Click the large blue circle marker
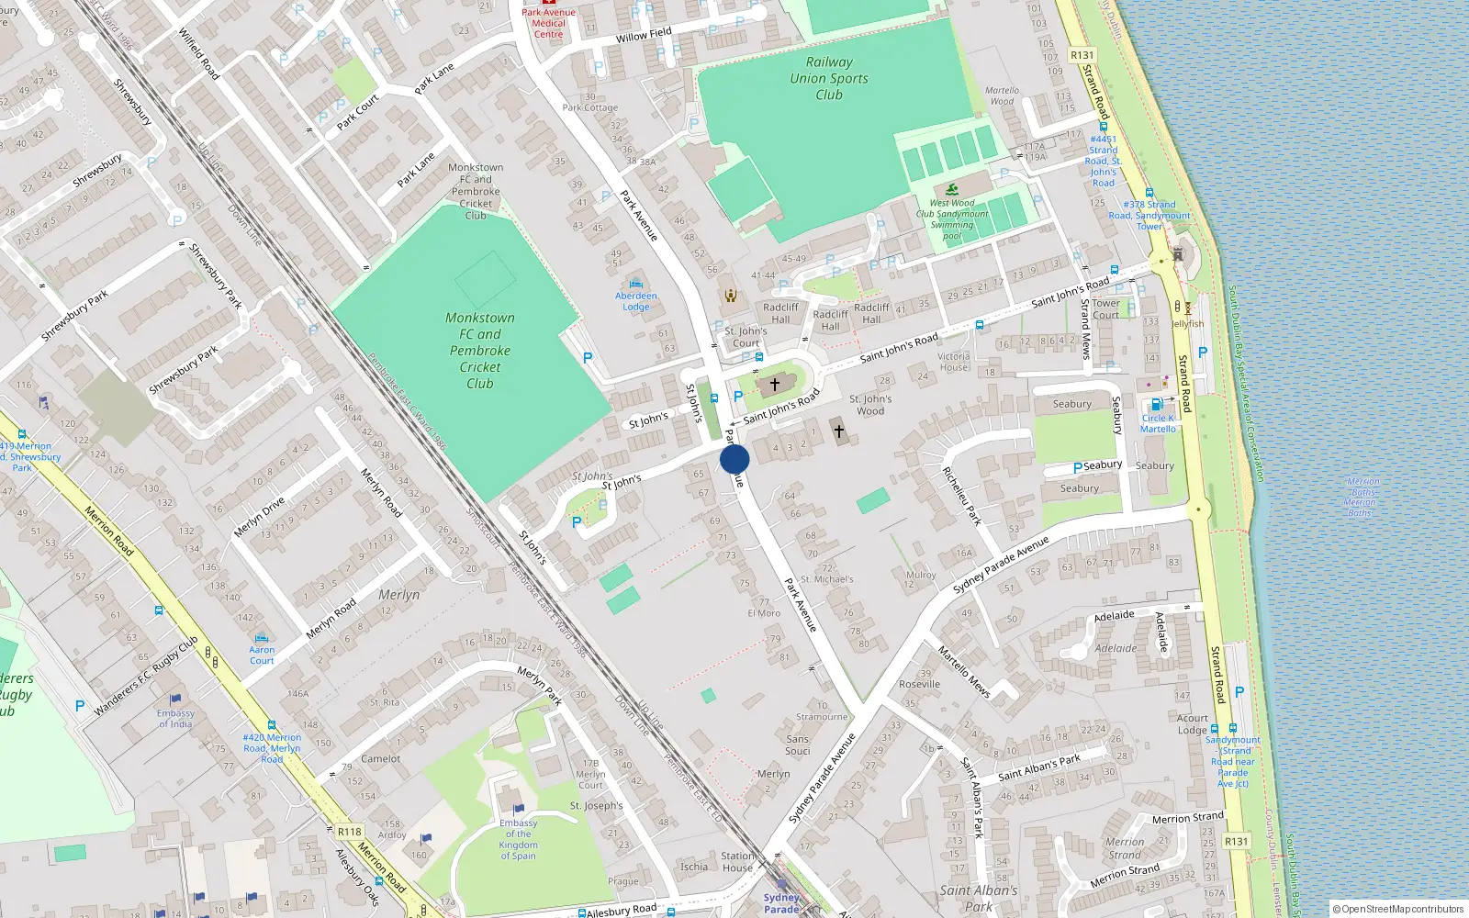click(x=734, y=459)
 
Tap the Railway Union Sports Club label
click(x=828, y=78)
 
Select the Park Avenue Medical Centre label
click(x=548, y=23)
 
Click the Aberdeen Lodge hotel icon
click(x=636, y=284)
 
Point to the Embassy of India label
click(x=175, y=718)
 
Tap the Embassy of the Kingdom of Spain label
click(x=519, y=839)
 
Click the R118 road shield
click(x=349, y=832)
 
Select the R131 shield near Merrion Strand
click(x=1236, y=841)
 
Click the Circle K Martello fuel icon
click(x=1157, y=404)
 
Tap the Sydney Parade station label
click(x=781, y=902)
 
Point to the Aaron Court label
click(x=262, y=655)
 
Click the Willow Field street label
click(x=644, y=35)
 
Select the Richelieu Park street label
click(x=962, y=496)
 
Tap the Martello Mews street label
click(x=964, y=671)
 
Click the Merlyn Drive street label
click(x=259, y=517)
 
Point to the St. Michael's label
click(x=827, y=579)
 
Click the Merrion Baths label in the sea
click(x=1360, y=497)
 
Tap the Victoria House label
click(x=953, y=362)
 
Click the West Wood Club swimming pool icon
click(x=952, y=189)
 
